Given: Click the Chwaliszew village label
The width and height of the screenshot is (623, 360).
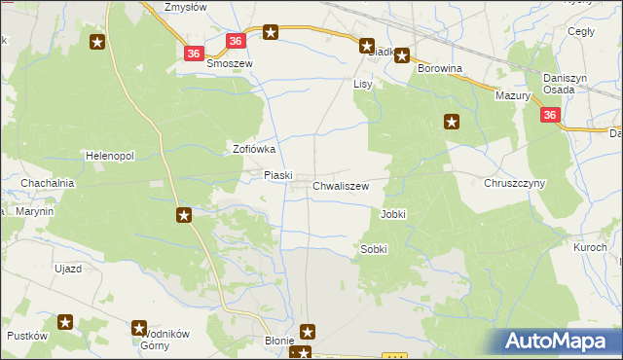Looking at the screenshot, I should click(x=341, y=185).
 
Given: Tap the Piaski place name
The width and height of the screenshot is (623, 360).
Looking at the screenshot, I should click(x=279, y=175).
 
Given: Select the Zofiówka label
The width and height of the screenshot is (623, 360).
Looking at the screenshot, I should click(x=255, y=150).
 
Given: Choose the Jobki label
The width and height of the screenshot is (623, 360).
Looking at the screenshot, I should click(x=393, y=213).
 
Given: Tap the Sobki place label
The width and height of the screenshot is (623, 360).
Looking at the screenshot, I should click(x=374, y=249).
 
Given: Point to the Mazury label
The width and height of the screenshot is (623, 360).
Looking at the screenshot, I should click(x=512, y=96).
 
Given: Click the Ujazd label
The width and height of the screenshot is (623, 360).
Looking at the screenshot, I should click(x=68, y=268).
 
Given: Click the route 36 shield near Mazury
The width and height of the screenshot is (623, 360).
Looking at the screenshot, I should click(x=550, y=116).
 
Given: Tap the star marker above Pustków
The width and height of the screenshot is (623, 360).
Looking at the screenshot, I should click(x=65, y=321).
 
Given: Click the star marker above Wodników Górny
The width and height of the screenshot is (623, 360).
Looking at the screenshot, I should click(x=139, y=329).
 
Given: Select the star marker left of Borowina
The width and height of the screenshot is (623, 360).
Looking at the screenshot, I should click(x=401, y=56).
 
